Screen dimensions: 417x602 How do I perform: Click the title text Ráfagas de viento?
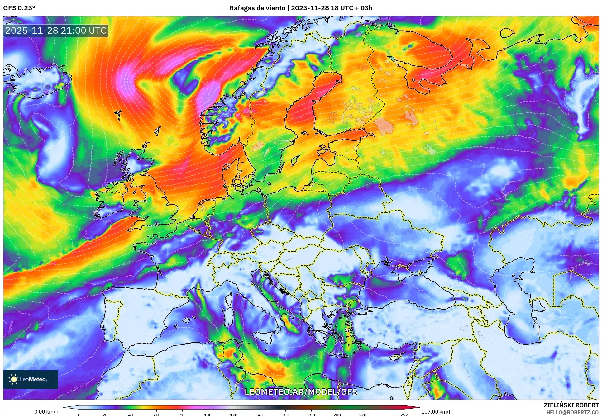(257, 8)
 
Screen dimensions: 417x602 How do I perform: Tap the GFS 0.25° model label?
(19, 8)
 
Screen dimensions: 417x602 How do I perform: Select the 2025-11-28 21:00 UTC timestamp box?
(56, 31)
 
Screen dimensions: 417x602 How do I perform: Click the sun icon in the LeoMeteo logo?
(14, 379)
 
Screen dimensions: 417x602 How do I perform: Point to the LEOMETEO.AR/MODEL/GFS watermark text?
(301, 392)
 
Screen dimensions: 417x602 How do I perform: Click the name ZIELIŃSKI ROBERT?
(571, 405)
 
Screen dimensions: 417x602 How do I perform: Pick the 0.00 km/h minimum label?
(46, 412)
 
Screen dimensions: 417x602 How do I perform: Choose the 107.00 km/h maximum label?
(436, 412)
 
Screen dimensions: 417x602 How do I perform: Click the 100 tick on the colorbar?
(208, 415)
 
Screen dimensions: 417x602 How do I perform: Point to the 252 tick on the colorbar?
(404, 415)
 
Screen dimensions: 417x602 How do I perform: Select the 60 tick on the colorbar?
(156, 415)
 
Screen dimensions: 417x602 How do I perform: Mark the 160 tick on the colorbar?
(285, 415)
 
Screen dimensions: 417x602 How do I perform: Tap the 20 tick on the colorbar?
(105, 415)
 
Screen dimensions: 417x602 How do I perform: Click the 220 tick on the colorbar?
(362, 415)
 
